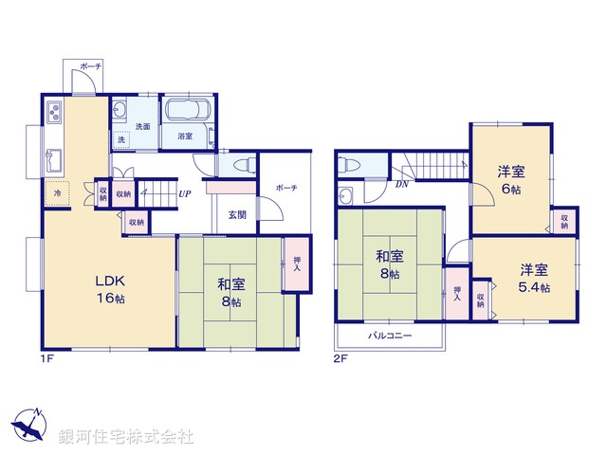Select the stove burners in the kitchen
pos(53,113)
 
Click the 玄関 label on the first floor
pos(237,215)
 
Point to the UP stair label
pos(186,194)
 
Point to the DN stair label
pos(402,185)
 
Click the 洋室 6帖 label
pos(512,180)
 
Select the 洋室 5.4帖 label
pos(534,277)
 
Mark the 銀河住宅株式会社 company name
pos(125,437)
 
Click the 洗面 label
pos(142,127)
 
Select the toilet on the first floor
pos(241,164)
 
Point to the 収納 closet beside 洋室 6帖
pos(564,221)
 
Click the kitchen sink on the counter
pos(53,157)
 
